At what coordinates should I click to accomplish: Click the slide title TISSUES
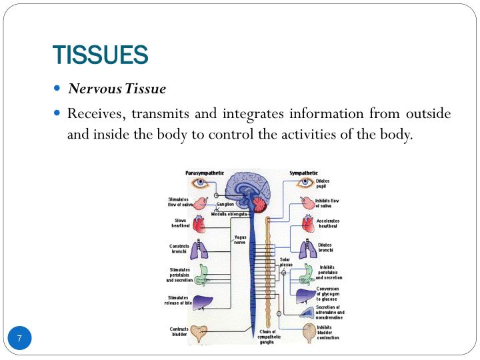tap(100, 55)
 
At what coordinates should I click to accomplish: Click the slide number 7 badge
tap(20, 339)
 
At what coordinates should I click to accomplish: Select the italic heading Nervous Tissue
tap(116, 88)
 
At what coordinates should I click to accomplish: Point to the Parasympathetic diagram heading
tap(205, 173)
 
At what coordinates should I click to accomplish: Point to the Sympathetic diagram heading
tap(303, 173)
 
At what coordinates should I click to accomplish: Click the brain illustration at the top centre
tap(249, 189)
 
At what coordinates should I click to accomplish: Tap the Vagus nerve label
tap(240, 239)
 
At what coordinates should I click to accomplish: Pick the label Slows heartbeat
tap(181, 223)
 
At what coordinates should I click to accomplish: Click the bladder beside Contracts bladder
tap(199, 331)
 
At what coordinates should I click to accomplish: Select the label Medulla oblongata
tap(229, 214)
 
